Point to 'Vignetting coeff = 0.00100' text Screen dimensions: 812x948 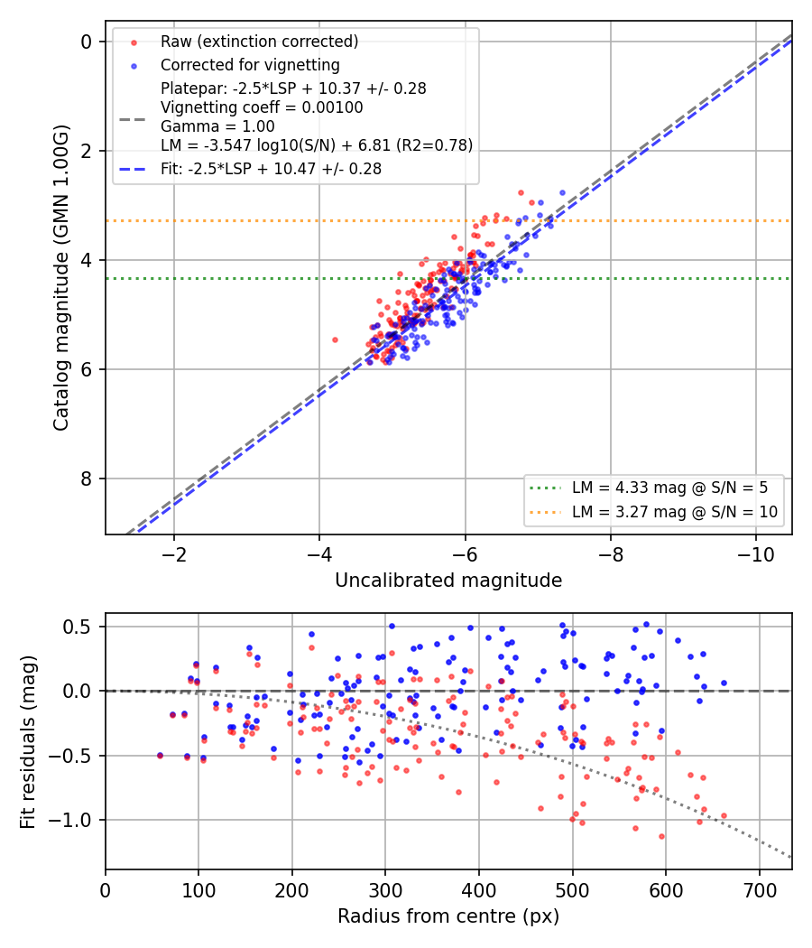point(262,107)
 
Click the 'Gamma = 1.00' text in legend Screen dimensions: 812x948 point(217,126)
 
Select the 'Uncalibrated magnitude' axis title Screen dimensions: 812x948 point(448,581)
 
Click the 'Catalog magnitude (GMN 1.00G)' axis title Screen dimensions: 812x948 point(61,277)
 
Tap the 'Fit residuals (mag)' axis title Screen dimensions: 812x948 point(27,742)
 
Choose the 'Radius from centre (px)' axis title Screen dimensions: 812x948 point(448,916)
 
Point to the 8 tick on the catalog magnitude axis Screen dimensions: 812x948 point(87,479)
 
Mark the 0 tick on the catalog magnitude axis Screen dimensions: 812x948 point(87,42)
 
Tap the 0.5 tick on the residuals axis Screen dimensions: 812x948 point(77,627)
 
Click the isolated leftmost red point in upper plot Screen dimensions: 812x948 point(336,339)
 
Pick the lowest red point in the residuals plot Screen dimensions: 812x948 point(661,837)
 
